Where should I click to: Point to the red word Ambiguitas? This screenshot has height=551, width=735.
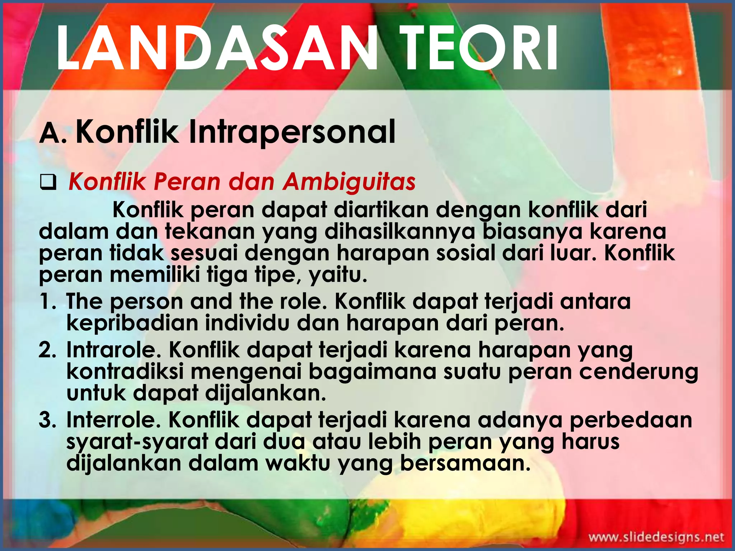pyautogui.click(x=349, y=182)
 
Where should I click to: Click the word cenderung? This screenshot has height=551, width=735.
pyautogui.click(x=639, y=372)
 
